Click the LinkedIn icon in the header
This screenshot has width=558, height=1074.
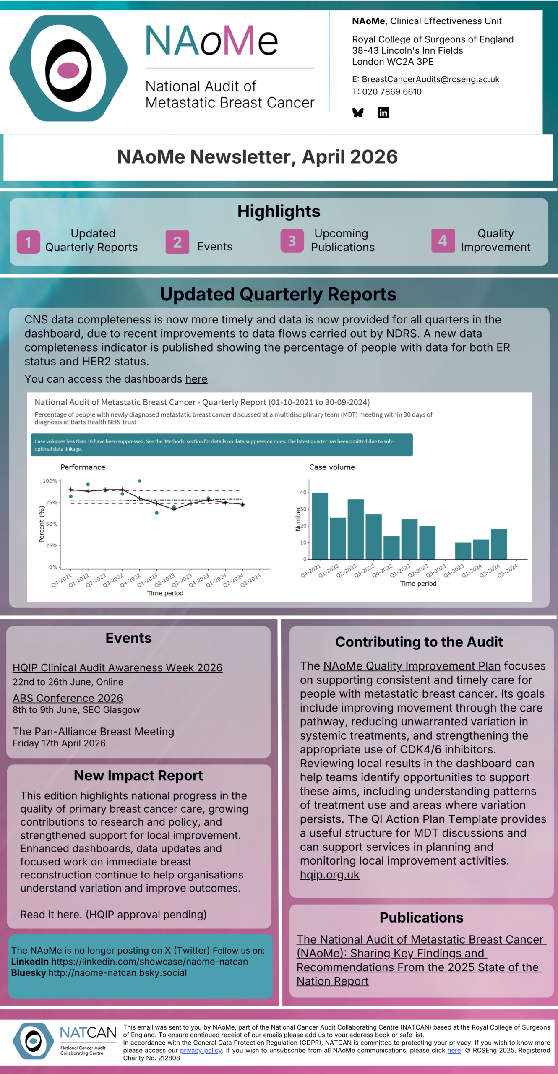tap(383, 112)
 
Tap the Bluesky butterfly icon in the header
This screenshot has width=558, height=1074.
tap(358, 112)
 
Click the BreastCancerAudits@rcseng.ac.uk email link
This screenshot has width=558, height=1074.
tap(430, 79)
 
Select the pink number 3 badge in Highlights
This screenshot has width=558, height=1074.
tap(292, 241)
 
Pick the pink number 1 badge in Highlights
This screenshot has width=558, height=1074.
tap(28, 242)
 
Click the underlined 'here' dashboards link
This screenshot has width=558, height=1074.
tap(196, 379)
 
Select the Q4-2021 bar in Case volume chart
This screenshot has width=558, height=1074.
tap(320, 526)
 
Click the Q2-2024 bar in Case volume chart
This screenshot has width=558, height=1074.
tap(499, 544)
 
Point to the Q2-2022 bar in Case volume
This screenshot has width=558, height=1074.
tap(356, 529)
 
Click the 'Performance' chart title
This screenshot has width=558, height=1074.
tap(83, 467)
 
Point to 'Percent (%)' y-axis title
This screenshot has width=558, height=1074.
tap(42, 524)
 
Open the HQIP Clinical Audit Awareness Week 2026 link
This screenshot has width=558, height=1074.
tap(117, 667)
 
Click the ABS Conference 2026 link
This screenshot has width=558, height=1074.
tap(68, 698)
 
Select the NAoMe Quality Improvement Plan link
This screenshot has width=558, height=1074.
tap(412, 666)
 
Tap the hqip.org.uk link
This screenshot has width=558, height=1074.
tap(329, 875)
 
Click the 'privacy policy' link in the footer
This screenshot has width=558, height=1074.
tap(201, 1050)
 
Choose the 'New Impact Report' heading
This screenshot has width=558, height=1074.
tap(138, 776)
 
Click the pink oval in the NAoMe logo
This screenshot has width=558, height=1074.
tap(68, 70)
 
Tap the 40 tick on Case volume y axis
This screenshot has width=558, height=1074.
tap(303, 493)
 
